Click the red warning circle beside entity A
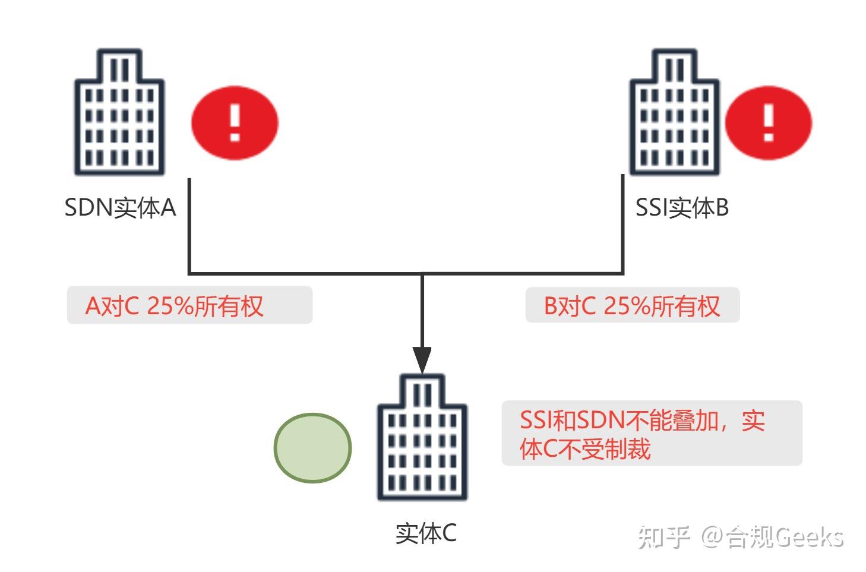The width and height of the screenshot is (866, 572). pos(235,123)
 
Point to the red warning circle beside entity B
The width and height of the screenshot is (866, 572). pos(768,123)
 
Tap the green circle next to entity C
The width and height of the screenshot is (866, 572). pos(312,447)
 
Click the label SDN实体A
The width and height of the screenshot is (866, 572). pos(120,208)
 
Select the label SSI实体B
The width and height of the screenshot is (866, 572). pos(681,208)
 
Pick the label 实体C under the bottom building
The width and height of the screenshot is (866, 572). pos(426,533)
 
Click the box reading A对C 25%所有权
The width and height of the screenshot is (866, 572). pos(189,305)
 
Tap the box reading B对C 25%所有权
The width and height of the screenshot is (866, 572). pos(632,305)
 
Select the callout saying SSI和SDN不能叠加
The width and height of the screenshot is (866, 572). pos(652,433)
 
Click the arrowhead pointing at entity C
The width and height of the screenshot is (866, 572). pos(422,359)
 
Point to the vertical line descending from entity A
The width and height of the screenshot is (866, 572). pos(189,226)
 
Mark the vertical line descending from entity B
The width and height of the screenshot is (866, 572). pos(623,226)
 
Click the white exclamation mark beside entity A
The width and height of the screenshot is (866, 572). pos(235,123)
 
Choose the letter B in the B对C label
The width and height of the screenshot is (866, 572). pos(551,306)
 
